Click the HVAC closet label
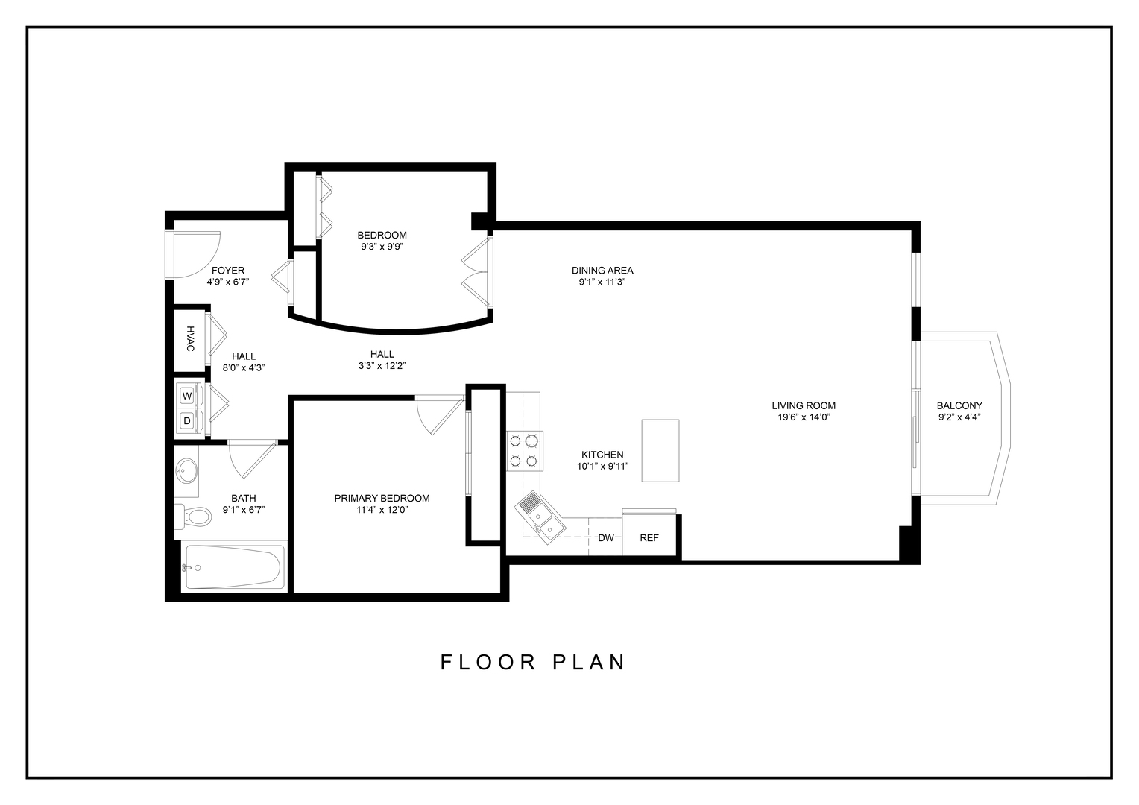[190, 339]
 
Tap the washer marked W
[186, 395]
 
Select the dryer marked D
[186, 421]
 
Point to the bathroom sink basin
[187, 471]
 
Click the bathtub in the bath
[233, 568]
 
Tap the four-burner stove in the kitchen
[525, 451]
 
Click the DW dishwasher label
[606, 538]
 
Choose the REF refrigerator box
[649, 537]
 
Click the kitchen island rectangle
[660, 451]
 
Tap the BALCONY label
[959, 405]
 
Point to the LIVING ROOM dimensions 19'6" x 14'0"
[804, 417]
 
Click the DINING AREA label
[602, 271]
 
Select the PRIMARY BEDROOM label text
[382, 498]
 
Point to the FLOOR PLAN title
[533, 662]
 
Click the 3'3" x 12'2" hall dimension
[382, 366]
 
